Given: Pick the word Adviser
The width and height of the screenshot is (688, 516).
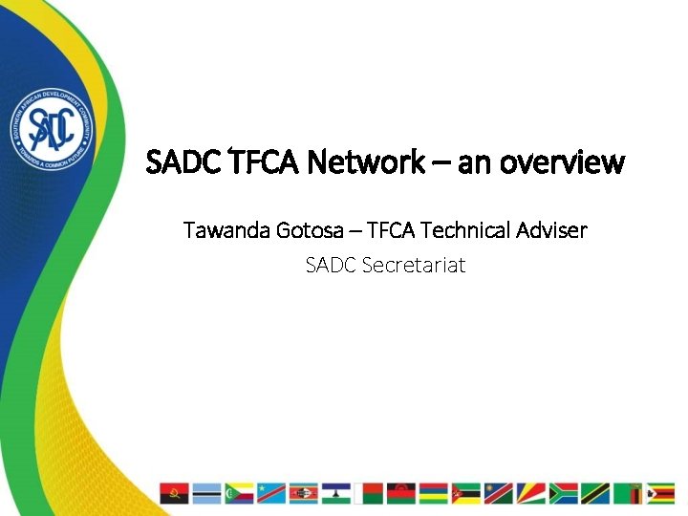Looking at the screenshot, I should [x=553, y=230].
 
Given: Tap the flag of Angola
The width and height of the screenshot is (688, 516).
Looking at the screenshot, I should [x=174, y=493].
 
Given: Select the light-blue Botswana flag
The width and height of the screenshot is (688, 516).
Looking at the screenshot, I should [x=206, y=493].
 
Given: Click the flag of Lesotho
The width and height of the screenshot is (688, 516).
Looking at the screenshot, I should [x=336, y=493].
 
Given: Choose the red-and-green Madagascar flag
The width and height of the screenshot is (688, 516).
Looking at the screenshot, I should [x=369, y=493].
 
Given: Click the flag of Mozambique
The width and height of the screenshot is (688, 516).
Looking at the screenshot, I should [x=466, y=493].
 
